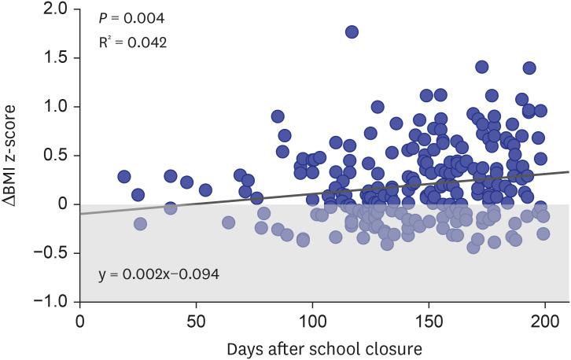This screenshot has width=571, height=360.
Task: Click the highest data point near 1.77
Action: tap(352, 32)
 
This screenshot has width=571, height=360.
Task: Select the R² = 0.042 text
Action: tap(133, 42)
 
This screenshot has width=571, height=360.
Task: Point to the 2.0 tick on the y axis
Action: tap(57, 9)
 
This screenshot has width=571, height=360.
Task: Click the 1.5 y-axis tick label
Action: tap(57, 57)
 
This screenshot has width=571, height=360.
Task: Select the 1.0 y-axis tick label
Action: tap(57, 106)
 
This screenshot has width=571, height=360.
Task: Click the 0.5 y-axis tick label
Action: tap(57, 155)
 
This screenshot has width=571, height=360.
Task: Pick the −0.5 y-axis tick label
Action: tap(53, 252)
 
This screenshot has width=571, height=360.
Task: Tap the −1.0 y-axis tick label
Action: tap(53, 301)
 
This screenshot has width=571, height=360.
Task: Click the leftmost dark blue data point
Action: tap(124, 177)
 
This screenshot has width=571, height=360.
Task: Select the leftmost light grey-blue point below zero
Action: tap(141, 224)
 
